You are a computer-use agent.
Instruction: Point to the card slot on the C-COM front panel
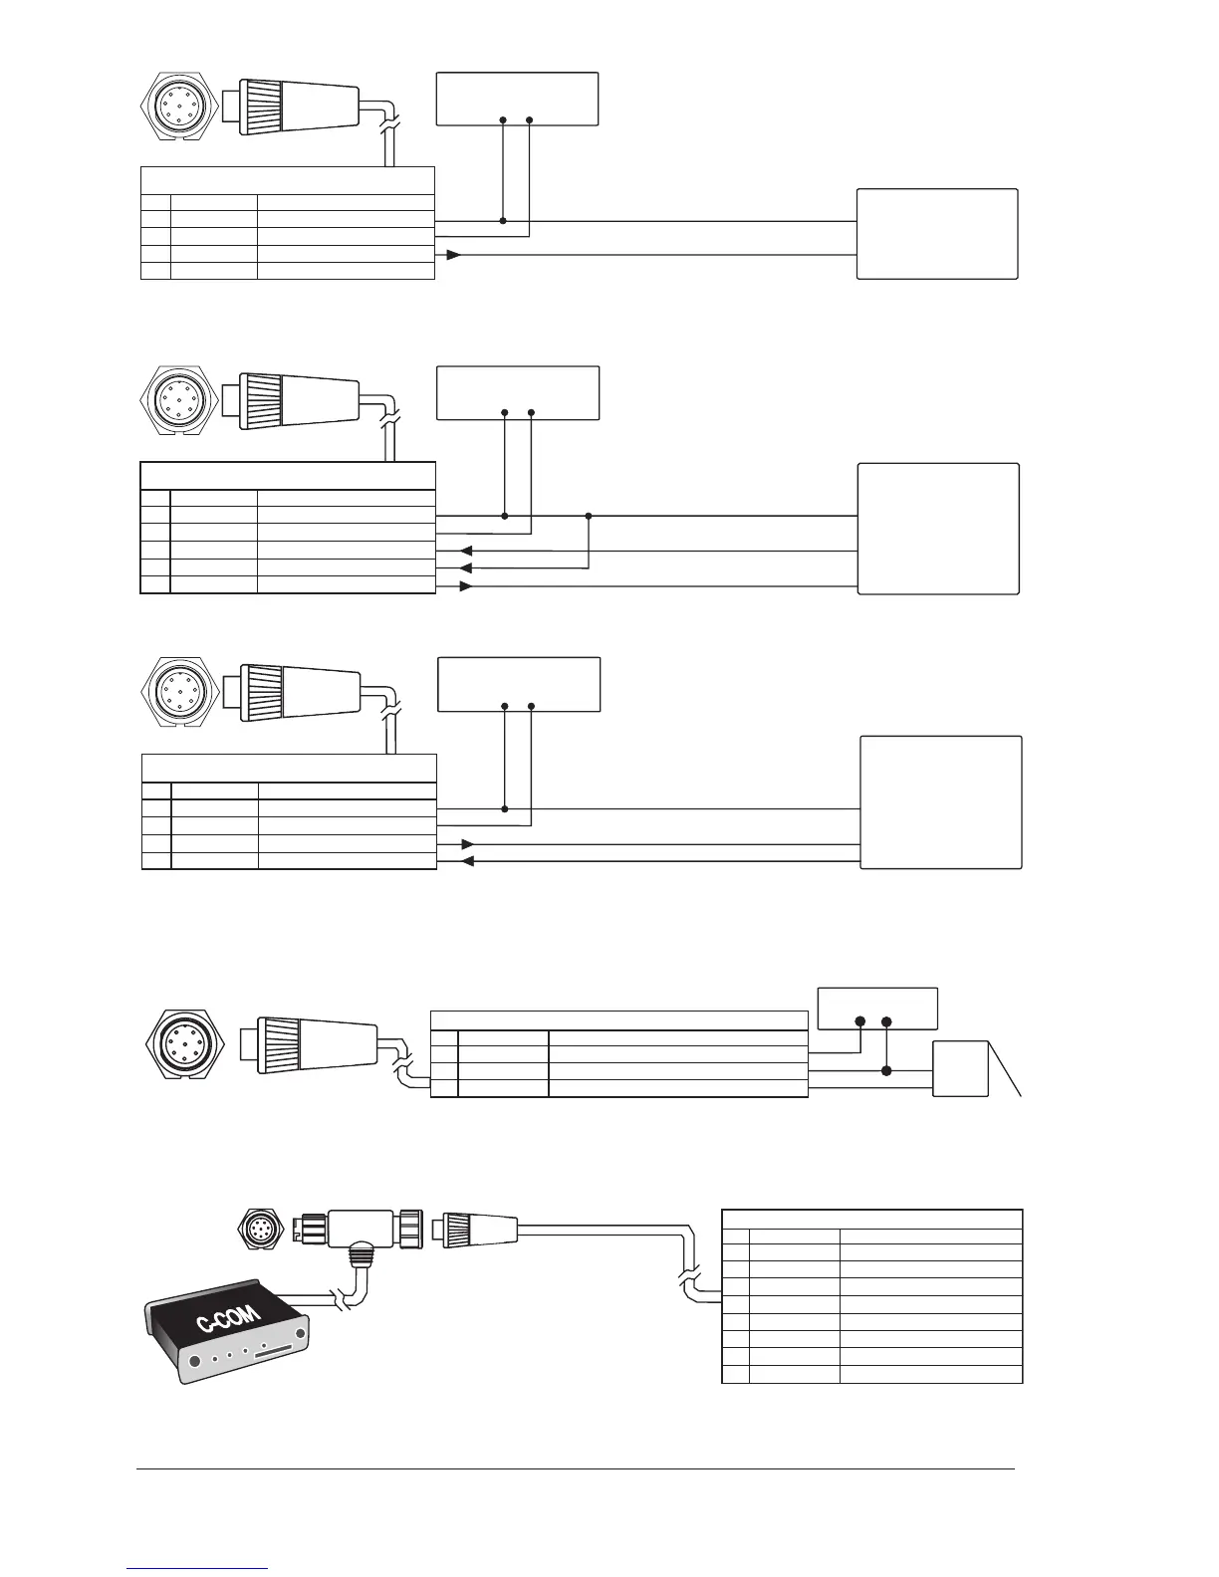click(x=278, y=1356)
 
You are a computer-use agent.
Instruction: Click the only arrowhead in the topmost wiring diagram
click(x=454, y=255)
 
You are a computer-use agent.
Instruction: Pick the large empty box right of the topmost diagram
click(x=937, y=234)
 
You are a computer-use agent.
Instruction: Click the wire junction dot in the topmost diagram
click(x=503, y=221)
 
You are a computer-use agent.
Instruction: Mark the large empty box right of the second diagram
click(x=938, y=529)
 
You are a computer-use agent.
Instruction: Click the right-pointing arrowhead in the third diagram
click(x=467, y=844)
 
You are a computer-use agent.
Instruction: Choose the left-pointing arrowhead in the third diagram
click(x=467, y=862)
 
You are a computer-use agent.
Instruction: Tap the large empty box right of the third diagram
click(x=941, y=802)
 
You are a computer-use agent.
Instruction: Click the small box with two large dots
click(x=876, y=1009)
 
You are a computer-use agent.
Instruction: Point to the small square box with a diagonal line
click(x=961, y=1068)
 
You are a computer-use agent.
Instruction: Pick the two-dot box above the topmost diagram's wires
click(x=517, y=99)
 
